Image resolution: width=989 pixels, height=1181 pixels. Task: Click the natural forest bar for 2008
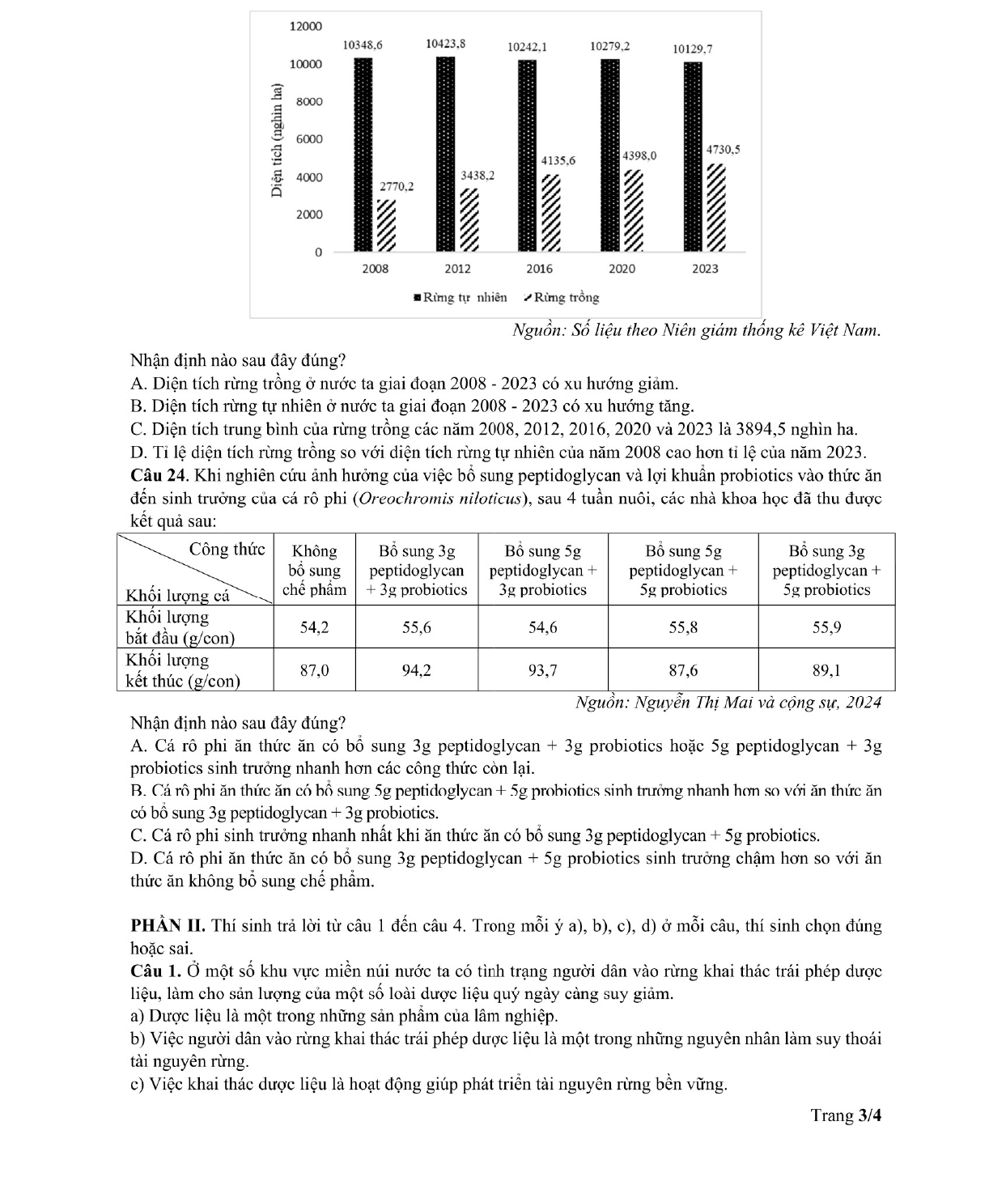coord(363,155)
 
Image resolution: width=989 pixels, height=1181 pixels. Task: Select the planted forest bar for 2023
coord(715,208)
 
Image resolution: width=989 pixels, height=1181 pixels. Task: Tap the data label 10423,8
coord(446,44)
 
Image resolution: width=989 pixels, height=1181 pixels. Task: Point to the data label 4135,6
coord(558,160)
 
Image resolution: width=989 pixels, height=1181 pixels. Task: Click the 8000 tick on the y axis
coord(307,102)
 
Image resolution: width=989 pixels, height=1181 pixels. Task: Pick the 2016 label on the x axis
coord(539,269)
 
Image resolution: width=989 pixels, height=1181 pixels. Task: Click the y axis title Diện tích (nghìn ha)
coord(278,140)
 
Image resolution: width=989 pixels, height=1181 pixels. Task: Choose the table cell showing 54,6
coord(542,627)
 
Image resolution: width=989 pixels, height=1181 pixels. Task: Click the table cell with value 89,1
coord(826,670)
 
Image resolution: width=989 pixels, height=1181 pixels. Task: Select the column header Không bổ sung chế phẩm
coord(314,570)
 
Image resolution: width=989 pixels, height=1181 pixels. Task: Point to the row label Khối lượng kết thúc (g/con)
coord(183,670)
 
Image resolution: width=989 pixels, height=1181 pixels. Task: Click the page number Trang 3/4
coord(846,1115)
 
